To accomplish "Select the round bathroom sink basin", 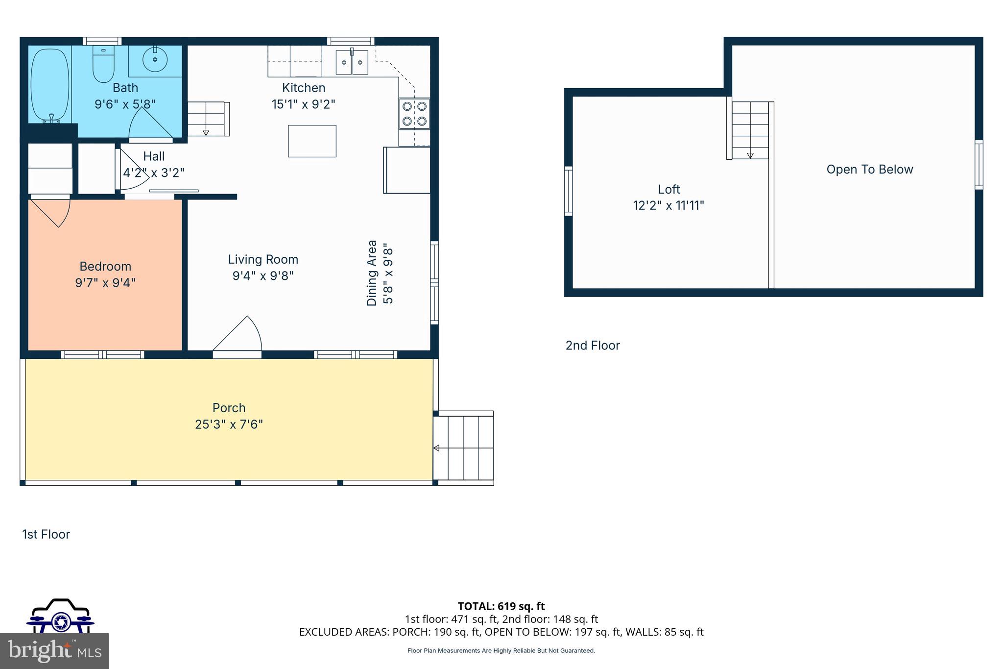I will (x=155, y=60).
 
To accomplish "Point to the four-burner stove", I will (x=414, y=114).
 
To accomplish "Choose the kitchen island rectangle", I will (x=312, y=141).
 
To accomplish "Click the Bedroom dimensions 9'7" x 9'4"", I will (x=105, y=283).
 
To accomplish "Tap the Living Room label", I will (x=263, y=259).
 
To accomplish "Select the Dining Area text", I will (x=372, y=273).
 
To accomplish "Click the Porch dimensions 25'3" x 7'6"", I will (x=229, y=424).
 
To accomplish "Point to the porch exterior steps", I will (x=463, y=447).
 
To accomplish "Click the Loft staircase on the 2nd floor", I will (x=750, y=130).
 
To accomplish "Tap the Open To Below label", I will (x=869, y=170).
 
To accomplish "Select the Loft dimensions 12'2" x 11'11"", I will (x=669, y=205).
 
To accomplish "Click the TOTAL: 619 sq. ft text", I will (x=501, y=606).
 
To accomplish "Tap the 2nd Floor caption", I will (x=593, y=346).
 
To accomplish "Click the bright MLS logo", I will (x=54, y=651).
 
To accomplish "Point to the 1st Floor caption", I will (x=46, y=534).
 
